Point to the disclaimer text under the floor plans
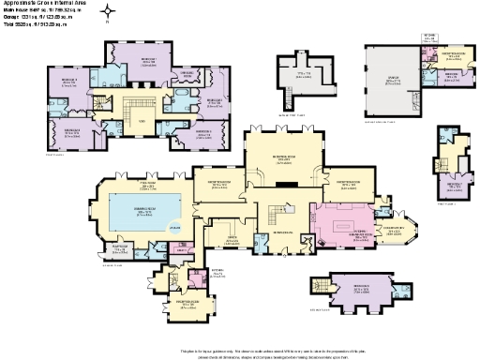pyautogui.click(x=240, y=350)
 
